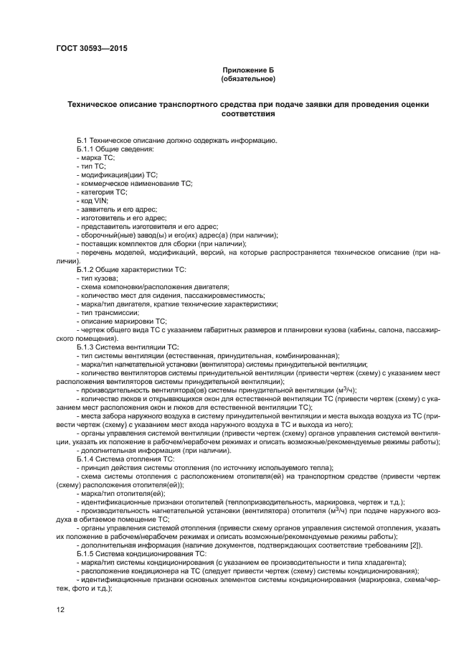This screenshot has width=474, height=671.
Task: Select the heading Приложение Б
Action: [248, 70]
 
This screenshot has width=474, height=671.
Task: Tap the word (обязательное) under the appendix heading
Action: [248, 78]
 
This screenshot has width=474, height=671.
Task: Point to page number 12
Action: [61, 610]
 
